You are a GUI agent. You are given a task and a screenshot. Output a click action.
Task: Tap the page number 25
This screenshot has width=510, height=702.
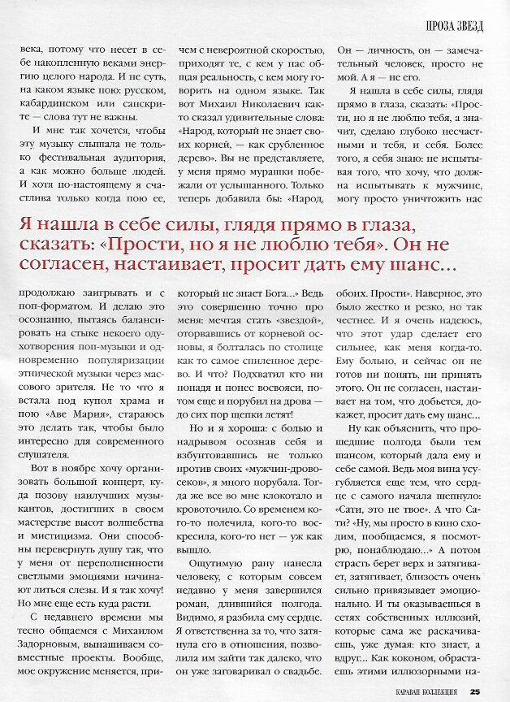[x=474, y=692]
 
